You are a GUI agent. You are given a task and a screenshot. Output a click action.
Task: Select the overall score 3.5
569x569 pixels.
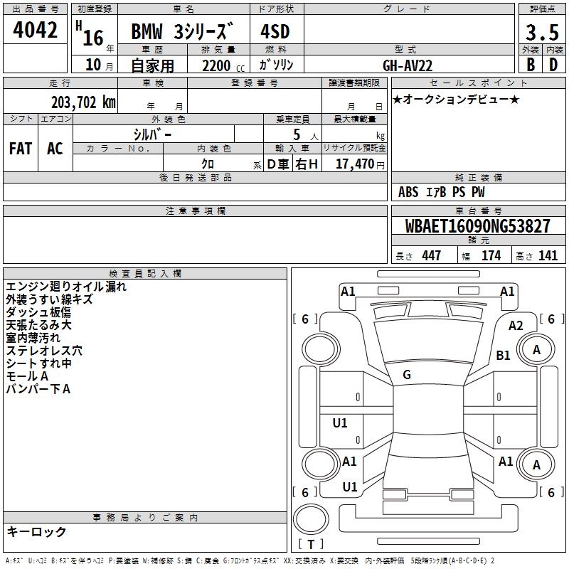(541, 32)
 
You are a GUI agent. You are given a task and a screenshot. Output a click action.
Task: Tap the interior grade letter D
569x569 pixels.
(553, 64)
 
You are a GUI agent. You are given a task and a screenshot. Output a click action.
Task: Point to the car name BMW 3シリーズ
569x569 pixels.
(182, 32)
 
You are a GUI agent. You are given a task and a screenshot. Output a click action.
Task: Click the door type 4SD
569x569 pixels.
(275, 32)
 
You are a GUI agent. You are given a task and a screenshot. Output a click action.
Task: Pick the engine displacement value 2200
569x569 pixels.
(216, 65)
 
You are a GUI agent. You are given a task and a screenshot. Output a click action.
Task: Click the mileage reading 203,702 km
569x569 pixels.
(83, 102)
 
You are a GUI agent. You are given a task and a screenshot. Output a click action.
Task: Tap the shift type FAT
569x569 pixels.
(21, 148)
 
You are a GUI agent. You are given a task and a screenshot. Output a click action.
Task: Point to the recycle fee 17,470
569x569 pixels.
(354, 164)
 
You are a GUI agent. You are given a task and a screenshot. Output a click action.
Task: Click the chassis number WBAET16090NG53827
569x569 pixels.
(477, 226)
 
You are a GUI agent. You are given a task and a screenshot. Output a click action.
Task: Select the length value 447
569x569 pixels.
(431, 256)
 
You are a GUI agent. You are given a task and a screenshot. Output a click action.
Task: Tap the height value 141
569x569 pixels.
(548, 256)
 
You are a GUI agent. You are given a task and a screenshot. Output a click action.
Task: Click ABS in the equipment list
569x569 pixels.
(408, 192)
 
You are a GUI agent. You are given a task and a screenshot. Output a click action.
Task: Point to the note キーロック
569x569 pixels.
(37, 531)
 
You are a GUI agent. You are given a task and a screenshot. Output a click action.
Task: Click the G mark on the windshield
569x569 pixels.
(407, 374)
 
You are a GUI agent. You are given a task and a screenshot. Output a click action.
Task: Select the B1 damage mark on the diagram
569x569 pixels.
(504, 355)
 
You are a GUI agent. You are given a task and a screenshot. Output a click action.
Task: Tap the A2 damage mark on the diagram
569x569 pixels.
(516, 326)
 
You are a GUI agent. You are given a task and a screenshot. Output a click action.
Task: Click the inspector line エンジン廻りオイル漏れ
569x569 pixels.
(66, 287)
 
